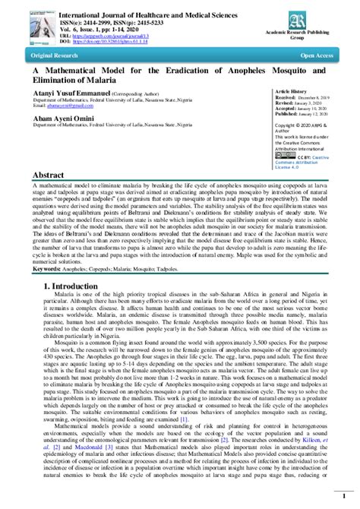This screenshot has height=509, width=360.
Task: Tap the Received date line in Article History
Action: coord(302,97)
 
